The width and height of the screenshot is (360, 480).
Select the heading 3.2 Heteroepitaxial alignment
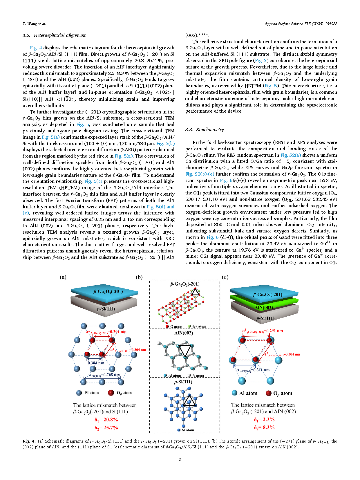(54, 35)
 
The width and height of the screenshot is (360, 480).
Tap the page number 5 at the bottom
(180, 459)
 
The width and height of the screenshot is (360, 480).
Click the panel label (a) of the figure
(63, 277)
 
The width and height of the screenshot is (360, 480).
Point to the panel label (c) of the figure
(225, 277)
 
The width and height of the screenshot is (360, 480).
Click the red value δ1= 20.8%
(106, 420)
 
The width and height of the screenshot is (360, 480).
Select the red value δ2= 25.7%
(106, 427)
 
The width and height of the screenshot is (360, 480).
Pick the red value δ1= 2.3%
(264, 419)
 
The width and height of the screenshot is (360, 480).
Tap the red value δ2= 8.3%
(264, 427)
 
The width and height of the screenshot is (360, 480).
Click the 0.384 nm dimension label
(96, 363)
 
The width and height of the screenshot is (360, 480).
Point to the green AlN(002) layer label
(264, 307)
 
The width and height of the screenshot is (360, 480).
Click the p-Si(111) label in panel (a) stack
(106, 309)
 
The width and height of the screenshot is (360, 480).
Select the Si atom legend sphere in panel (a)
(79, 393)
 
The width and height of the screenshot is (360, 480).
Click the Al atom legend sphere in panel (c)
(235, 393)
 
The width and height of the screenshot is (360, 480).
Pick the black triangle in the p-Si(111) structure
(189, 401)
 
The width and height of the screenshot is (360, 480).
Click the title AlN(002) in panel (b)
(184, 333)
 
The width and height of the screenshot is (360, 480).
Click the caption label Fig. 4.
(29, 441)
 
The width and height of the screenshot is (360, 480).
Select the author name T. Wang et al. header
(34, 24)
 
